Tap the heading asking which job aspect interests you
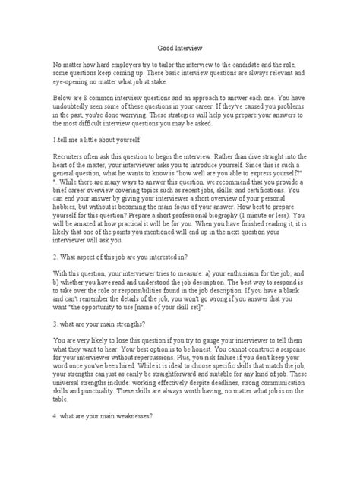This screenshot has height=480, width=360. click(x=120, y=260)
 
